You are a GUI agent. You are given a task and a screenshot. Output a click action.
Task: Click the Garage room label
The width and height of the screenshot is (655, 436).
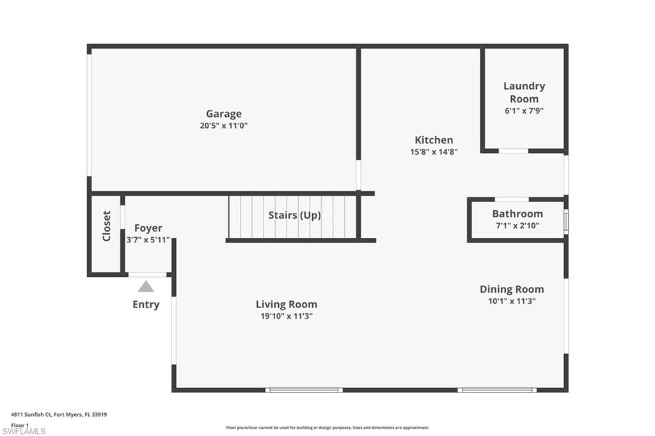[x=223, y=114]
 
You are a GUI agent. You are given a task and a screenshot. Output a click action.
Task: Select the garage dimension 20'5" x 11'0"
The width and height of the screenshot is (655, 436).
[x=223, y=126]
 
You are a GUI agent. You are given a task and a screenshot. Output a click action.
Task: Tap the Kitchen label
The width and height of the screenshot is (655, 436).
[x=434, y=140]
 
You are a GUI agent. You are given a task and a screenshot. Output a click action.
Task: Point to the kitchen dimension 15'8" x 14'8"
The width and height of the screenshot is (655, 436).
[x=434, y=152]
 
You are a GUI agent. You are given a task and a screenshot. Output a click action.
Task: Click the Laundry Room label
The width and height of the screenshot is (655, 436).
[x=524, y=92]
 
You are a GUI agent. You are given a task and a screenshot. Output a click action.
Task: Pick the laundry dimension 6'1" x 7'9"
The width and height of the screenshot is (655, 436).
[x=524, y=111]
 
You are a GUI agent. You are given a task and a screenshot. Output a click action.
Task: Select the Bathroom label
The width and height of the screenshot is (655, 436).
[x=517, y=214]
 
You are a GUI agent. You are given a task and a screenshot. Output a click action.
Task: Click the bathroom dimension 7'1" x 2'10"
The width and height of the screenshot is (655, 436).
[x=517, y=225]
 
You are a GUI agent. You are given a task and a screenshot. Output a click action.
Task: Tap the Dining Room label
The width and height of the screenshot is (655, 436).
[x=512, y=289]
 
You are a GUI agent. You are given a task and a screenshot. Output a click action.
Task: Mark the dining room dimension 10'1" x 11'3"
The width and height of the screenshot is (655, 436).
[x=512, y=300]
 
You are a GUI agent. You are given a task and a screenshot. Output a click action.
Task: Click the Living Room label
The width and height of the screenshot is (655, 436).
[x=287, y=304]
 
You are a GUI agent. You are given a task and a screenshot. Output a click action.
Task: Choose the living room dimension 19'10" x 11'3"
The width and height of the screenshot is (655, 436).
[x=287, y=316]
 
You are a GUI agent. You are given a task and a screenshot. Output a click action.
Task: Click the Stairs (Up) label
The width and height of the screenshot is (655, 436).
[x=294, y=215]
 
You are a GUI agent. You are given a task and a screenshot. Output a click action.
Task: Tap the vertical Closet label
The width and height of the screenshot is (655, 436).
[x=107, y=226]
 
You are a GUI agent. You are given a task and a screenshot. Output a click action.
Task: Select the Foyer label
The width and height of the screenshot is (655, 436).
[x=148, y=228]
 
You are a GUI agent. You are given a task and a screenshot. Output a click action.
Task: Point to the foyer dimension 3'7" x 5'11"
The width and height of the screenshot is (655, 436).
[x=148, y=240]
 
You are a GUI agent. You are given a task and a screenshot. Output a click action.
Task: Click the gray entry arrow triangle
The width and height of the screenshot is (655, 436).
[x=146, y=286]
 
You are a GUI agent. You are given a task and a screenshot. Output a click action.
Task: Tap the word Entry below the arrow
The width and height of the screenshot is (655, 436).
[x=146, y=304]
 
